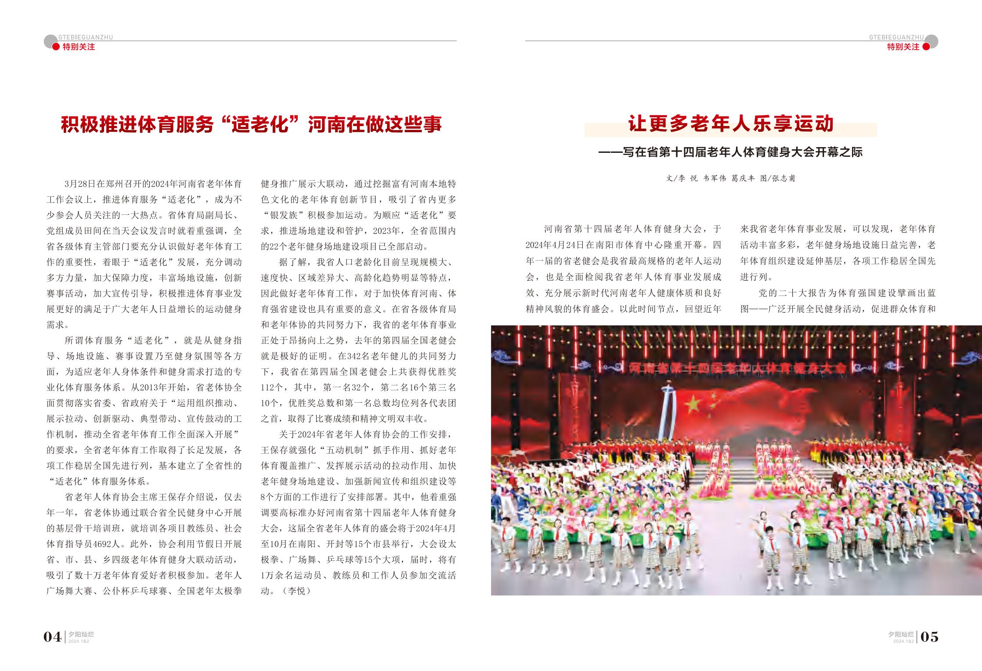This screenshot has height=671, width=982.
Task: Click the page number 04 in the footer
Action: click(52, 636)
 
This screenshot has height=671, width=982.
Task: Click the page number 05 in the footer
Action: click(929, 636)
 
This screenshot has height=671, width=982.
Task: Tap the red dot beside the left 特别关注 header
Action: click(56, 47)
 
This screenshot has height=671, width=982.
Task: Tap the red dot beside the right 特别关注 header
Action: click(926, 47)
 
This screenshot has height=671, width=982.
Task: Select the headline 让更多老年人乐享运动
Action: click(730, 124)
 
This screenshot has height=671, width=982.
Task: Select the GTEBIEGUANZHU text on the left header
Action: click(85, 37)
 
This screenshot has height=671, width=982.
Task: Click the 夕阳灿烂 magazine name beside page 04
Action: click(82, 634)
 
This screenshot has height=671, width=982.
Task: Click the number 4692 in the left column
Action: click(111, 544)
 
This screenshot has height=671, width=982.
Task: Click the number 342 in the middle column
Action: click(354, 356)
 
